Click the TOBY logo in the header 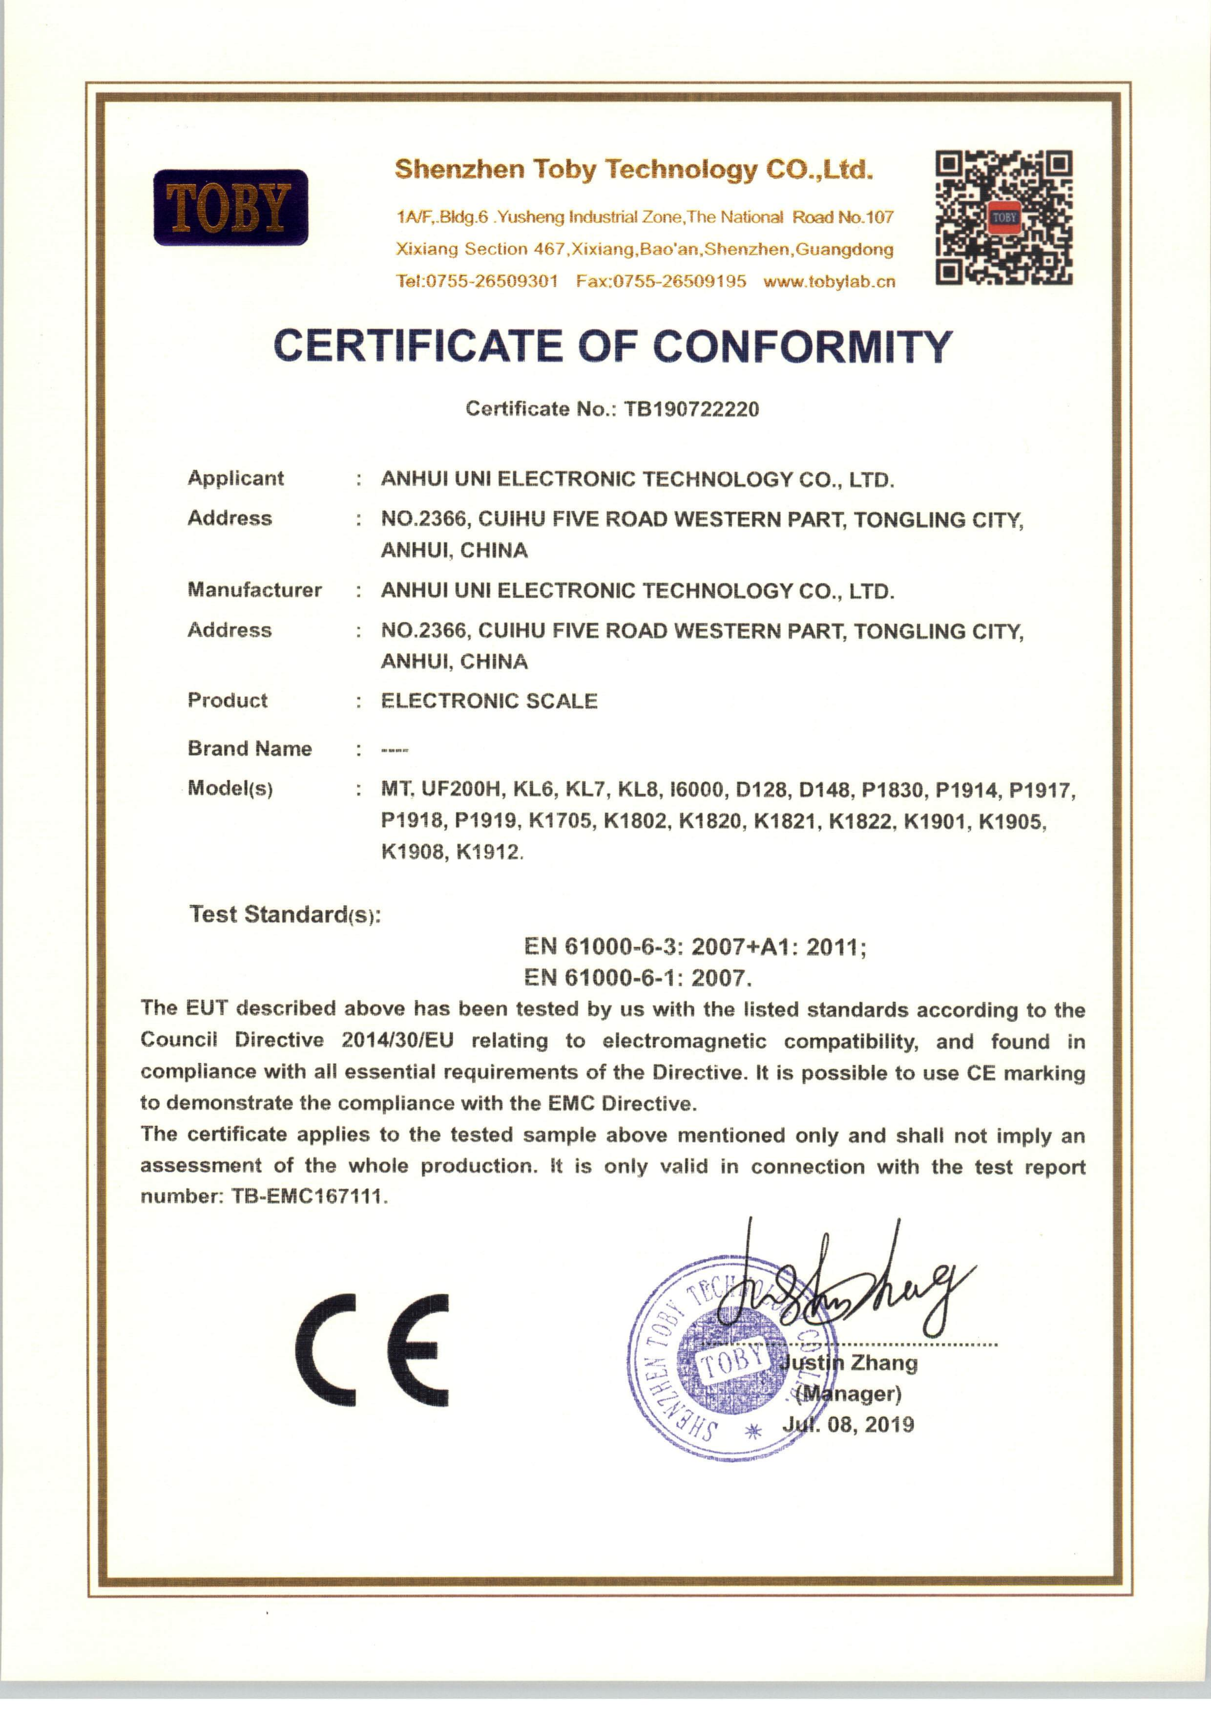tap(230, 207)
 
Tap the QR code tap(1004, 218)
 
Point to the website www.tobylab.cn tap(829, 282)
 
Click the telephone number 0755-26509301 tap(491, 282)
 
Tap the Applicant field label tap(236, 478)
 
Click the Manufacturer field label tap(254, 590)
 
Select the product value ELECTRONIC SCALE tap(489, 701)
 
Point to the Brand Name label tap(250, 749)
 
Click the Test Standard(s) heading tap(285, 915)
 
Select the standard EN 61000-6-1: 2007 tap(638, 978)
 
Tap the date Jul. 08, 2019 tap(848, 1425)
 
